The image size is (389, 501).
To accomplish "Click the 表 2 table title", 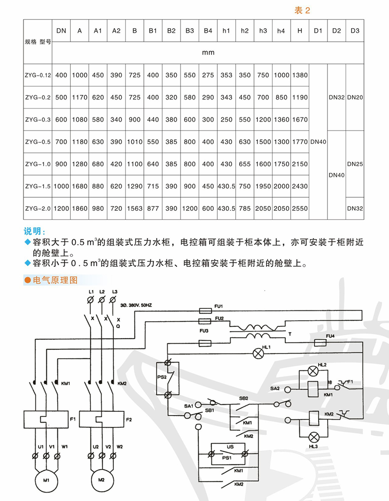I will pos(302,11).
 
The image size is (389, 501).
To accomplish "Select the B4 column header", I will pos(208,31).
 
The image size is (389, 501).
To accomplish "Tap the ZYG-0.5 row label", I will pos(37,142).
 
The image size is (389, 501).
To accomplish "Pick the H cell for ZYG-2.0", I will pos(300,208).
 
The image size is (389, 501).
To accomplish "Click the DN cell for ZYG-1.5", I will pos(61,186).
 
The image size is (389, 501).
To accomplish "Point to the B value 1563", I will pos(135,208).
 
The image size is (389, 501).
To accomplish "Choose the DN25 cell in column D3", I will pos(355,164).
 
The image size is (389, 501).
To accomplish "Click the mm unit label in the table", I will pos(208,52).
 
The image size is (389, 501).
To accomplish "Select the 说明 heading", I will pos(35,231).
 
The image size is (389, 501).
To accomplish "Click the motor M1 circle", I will pos(46,480).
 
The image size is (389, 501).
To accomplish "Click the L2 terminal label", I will pos(102,292).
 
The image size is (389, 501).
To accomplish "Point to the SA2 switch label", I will pos(275,388).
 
